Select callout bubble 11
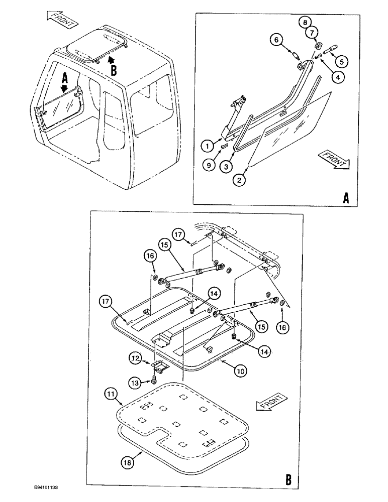pyautogui.click(x=112, y=392)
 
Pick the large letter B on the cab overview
pyautogui.click(x=114, y=71)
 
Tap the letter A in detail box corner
pyautogui.click(x=346, y=199)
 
